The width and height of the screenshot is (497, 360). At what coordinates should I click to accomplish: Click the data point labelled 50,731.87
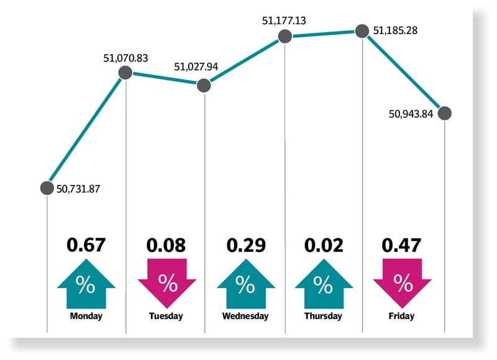[47, 187]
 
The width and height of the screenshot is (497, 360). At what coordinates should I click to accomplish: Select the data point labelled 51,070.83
[125, 73]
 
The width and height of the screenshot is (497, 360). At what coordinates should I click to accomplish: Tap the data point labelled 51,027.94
[204, 85]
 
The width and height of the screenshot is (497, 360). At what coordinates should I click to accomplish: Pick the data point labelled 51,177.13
[285, 36]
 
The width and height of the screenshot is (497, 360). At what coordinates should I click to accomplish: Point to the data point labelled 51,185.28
[362, 30]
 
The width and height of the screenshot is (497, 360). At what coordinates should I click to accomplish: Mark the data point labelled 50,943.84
[444, 113]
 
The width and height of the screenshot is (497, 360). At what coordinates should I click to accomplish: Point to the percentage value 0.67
[86, 245]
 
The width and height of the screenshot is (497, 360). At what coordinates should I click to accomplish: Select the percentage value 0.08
[166, 245]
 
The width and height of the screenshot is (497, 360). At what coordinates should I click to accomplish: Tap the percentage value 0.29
[245, 245]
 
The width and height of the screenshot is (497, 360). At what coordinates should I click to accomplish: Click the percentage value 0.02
[323, 245]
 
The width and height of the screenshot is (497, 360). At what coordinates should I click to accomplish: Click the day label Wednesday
[245, 317]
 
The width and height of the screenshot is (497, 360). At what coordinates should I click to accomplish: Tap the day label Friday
[403, 317]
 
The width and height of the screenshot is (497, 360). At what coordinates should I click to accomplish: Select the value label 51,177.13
[285, 20]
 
